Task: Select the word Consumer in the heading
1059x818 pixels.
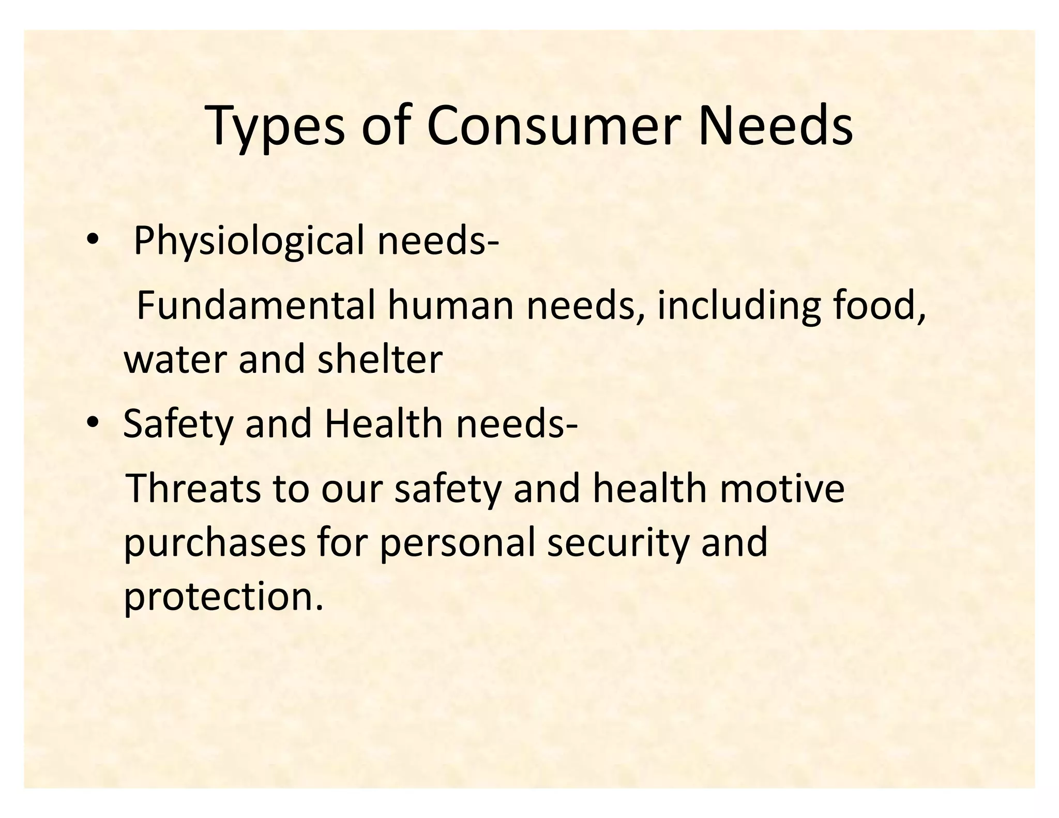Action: [x=551, y=126]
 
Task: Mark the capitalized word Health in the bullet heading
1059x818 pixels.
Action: [x=383, y=423]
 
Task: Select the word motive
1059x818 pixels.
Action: [x=781, y=489]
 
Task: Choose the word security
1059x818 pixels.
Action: [x=618, y=544]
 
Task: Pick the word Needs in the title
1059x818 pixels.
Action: [x=775, y=126]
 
